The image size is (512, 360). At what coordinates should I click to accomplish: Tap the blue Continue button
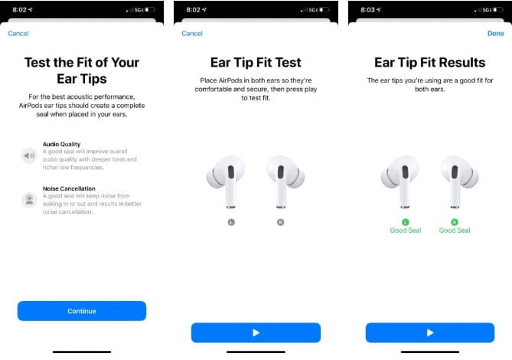(x=81, y=311)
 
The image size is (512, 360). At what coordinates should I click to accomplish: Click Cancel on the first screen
(x=18, y=34)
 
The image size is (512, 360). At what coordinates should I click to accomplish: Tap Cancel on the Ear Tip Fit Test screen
(x=192, y=34)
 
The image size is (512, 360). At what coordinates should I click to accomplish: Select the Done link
(x=495, y=34)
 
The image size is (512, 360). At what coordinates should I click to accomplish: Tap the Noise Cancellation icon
(x=29, y=199)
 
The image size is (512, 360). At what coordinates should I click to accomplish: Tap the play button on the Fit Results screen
(x=429, y=332)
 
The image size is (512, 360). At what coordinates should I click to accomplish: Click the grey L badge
(x=230, y=222)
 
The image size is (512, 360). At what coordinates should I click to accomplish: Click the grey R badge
(x=281, y=222)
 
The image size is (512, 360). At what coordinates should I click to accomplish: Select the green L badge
(x=404, y=222)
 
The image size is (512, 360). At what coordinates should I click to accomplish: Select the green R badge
(x=455, y=222)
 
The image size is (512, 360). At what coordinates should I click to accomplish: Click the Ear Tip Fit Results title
(x=429, y=63)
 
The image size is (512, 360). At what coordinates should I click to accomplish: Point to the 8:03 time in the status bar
(x=367, y=9)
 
